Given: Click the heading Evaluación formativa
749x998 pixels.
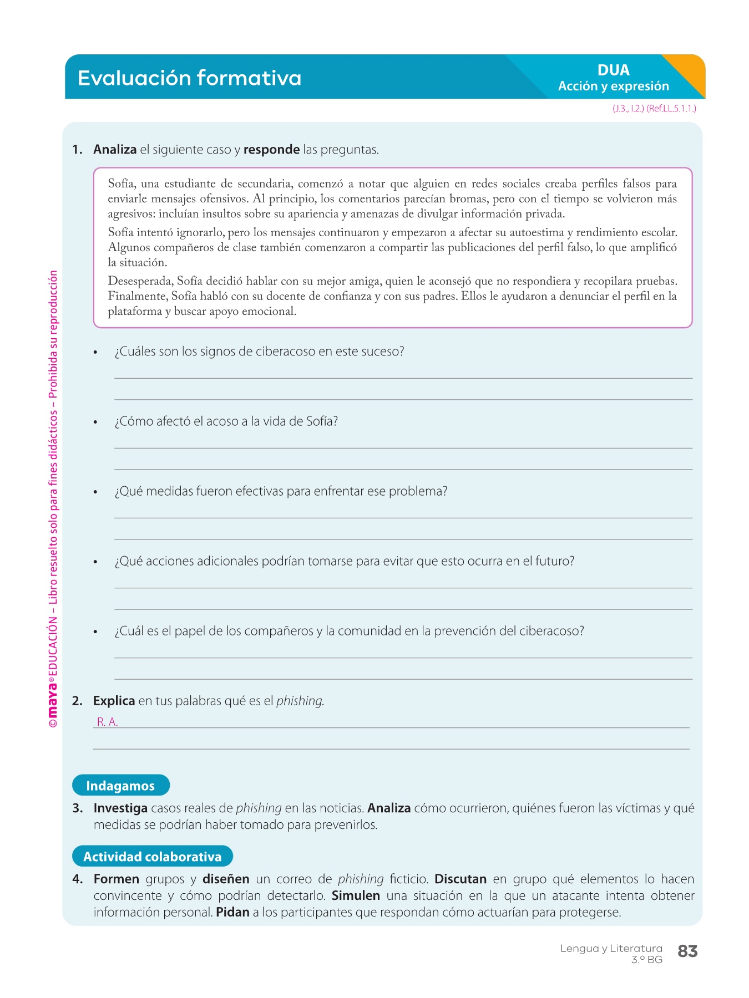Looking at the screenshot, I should pyautogui.click(x=189, y=78).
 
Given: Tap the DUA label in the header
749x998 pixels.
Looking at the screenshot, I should pyautogui.click(x=613, y=70).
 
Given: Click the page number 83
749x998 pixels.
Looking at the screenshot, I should pyautogui.click(x=687, y=951).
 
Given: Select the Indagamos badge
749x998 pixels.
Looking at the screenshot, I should pyautogui.click(x=120, y=786).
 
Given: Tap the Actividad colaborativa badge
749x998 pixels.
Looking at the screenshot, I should pyautogui.click(x=152, y=857).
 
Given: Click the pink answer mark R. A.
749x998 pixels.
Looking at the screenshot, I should pyautogui.click(x=107, y=722).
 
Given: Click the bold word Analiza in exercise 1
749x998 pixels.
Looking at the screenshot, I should pyautogui.click(x=115, y=150).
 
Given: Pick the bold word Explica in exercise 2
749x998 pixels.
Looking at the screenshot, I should pyautogui.click(x=114, y=701).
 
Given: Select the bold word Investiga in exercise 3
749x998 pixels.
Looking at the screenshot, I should pyautogui.click(x=120, y=808).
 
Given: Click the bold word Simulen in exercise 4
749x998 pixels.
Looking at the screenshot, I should pyautogui.click(x=356, y=896).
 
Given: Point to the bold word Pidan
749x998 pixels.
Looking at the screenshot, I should pyautogui.click(x=232, y=913).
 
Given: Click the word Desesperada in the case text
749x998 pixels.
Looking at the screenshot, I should pyautogui.click(x=140, y=282).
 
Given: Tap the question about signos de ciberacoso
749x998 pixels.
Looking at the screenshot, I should pyautogui.click(x=259, y=352).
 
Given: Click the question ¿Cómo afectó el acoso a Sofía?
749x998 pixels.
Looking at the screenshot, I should pyautogui.click(x=226, y=422).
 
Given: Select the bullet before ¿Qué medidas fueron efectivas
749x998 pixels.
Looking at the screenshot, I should pyautogui.click(x=95, y=492).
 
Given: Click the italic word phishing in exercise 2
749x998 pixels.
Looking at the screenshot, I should pyautogui.click(x=299, y=701).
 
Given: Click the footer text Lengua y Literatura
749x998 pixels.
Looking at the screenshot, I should pyautogui.click(x=611, y=949).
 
